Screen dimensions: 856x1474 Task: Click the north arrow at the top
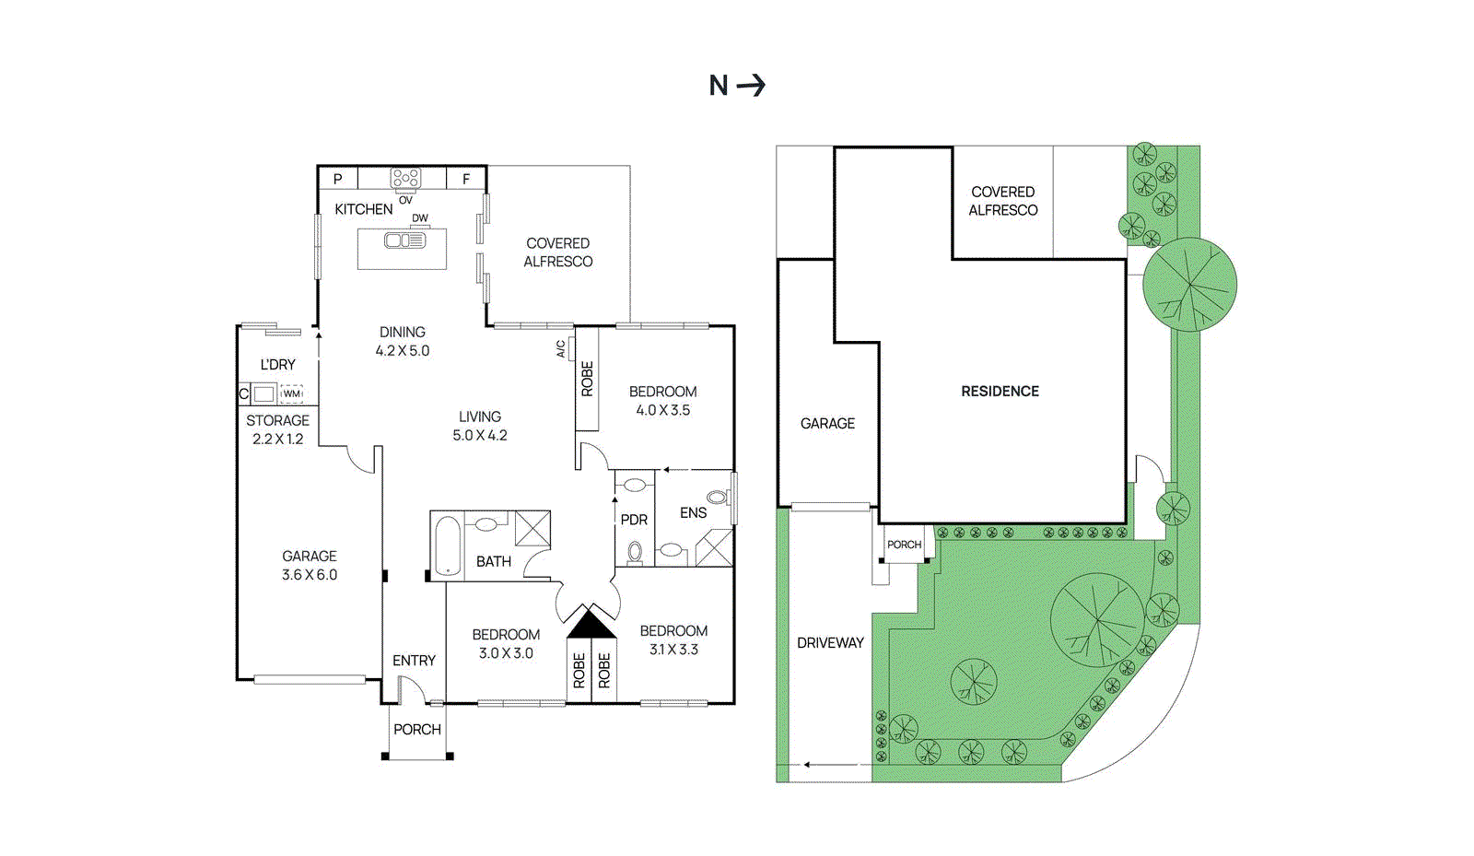(x=751, y=86)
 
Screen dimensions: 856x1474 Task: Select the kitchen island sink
(x=404, y=240)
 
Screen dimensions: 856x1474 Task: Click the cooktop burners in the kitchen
(x=405, y=177)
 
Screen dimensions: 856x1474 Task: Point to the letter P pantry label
(x=338, y=179)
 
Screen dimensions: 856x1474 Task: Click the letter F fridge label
(x=466, y=179)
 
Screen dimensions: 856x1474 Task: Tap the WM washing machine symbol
(x=291, y=393)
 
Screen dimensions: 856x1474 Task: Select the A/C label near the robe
(x=561, y=348)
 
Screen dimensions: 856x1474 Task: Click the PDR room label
(x=634, y=520)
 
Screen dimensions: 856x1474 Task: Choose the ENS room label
(x=693, y=513)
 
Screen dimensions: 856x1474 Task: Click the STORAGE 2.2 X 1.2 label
(x=277, y=429)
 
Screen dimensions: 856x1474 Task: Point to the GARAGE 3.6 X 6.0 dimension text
(x=310, y=574)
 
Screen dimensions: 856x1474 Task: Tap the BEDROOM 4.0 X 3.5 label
(x=662, y=401)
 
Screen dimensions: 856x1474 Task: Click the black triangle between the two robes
(x=591, y=624)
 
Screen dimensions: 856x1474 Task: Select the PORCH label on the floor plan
(x=417, y=729)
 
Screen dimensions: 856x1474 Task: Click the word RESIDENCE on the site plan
(x=1000, y=392)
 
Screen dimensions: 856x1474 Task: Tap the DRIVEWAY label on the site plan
(x=830, y=643)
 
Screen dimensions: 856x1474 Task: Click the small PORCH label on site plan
(x=904, y=545)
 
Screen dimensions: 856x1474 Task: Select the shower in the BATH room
(x=532, y=529)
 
